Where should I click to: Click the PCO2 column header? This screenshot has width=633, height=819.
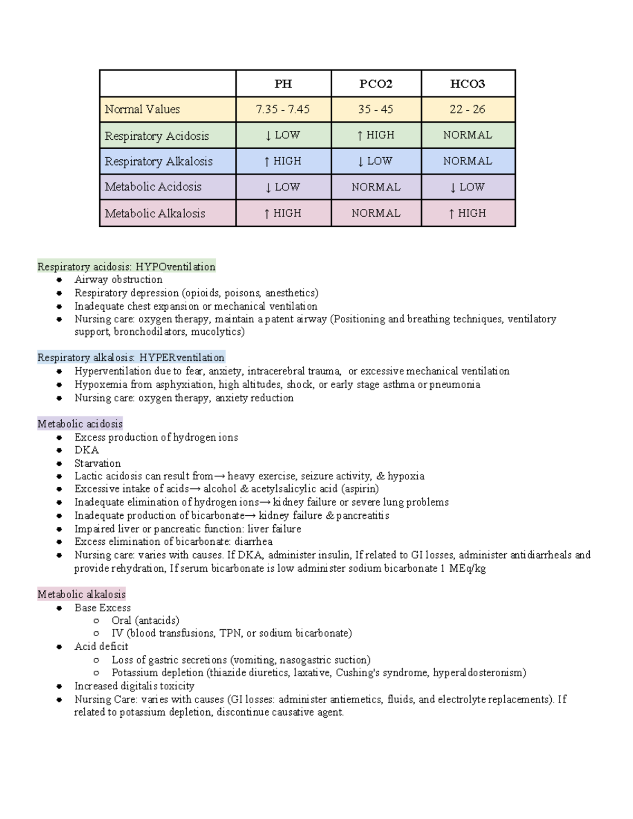[376, 84]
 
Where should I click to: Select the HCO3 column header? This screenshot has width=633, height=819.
[467, 84]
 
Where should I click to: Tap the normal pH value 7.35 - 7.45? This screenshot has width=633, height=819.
[283, 110]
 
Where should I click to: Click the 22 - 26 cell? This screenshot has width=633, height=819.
[467, 110]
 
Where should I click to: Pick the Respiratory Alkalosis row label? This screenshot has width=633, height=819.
[158, 161]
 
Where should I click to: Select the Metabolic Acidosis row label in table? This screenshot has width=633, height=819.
[153, 187]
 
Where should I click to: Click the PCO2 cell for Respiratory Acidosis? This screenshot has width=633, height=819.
[376, 135]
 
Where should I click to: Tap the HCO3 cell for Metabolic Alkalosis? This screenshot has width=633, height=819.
[467, 213]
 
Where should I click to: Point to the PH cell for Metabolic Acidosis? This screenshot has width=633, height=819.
[283, 187]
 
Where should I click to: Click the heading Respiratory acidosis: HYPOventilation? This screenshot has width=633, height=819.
[126, 267]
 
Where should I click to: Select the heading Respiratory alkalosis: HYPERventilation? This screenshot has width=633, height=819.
[131, 358]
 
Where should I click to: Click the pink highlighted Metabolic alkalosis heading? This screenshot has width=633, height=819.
[81, 594]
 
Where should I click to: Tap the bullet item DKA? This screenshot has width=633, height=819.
[87, 450]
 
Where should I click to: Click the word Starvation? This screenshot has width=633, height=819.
[98, 463]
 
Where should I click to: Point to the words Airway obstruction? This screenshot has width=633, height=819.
[118, 280]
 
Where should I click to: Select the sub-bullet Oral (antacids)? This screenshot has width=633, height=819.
[145, 620]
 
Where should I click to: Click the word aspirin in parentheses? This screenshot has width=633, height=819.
[360, 489]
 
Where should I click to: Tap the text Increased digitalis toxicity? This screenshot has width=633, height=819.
[134, 686]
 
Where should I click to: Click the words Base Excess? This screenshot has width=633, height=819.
[102, 608]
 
